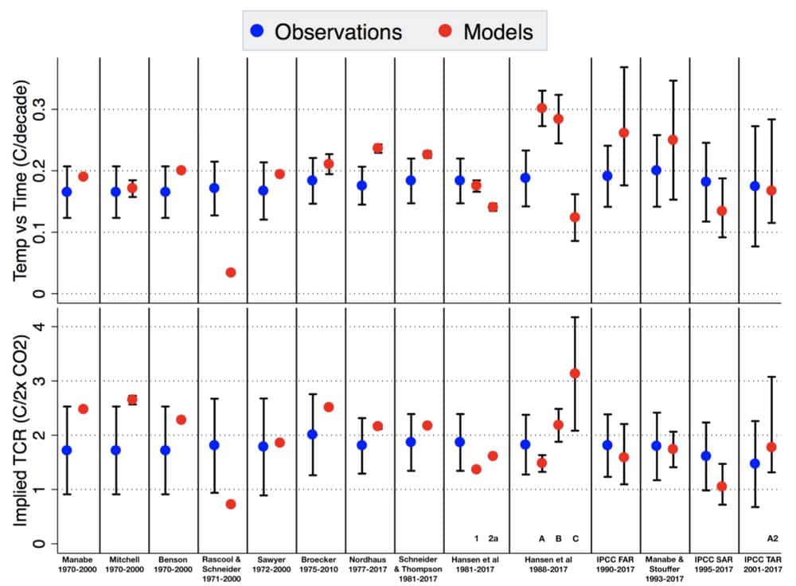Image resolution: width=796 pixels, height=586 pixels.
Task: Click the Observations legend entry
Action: pyautogui.click(x=324, y=31)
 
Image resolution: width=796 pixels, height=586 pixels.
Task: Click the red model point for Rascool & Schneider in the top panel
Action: pyautogui.click(x=231, y=272)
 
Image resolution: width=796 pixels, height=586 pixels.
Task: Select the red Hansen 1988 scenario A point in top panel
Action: pyautogui.click(x=542, y=108)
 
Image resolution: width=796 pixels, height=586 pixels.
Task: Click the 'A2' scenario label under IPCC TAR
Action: pyautogui.click(x=771, y=538)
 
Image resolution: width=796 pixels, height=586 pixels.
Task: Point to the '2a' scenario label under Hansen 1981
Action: pyautogui.click(x=493, y=538)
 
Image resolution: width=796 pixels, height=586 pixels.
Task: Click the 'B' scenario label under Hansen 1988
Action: pyautogui.click(x=559, y=538)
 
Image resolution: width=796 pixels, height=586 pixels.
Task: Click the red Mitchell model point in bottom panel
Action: pyautogui.click(x=132, y=400)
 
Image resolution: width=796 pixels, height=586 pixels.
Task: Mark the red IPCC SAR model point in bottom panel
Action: pyautogui.click(x=722, y=486)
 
